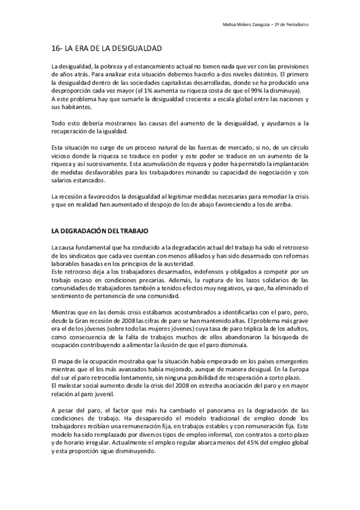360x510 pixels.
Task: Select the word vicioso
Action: tap(61, 155)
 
